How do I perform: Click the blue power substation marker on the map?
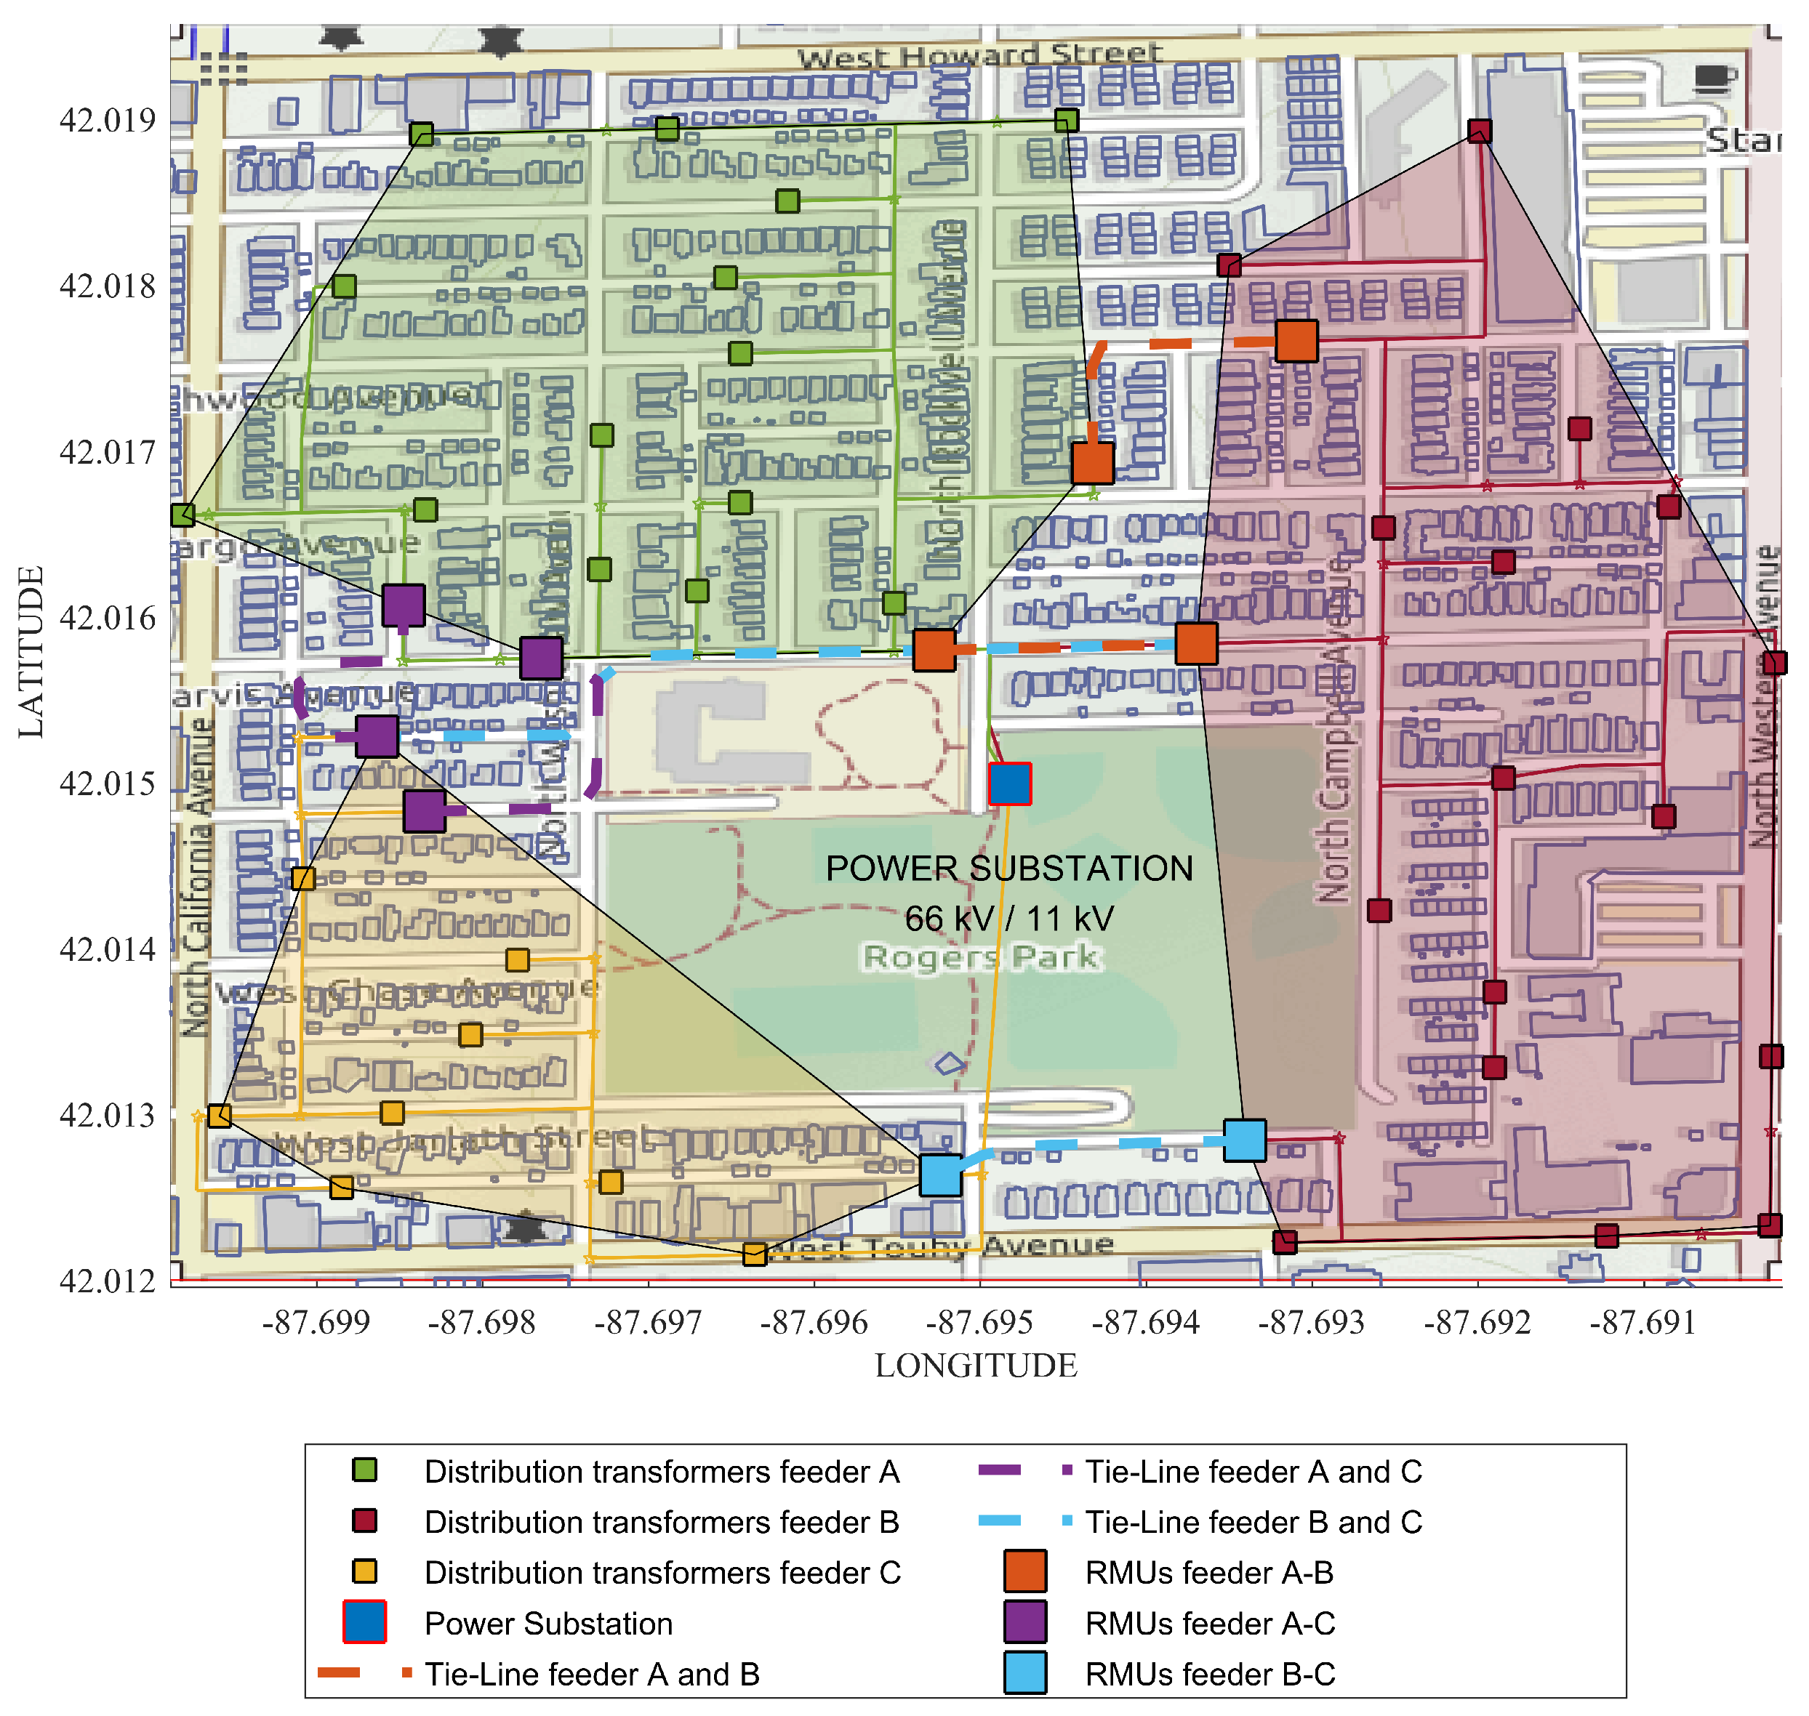(x=1009, y=784)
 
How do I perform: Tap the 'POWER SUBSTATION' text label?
(x=1008, y=868)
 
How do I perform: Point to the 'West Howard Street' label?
(x=979, y=56)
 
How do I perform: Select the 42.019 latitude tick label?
(x=107, y=121)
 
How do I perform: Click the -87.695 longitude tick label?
(x=979, y=1322)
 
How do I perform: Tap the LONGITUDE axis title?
(x=976, y=1366)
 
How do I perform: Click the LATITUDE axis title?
(x=31, y=651)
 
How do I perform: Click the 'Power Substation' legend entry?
(x=548, y=1623)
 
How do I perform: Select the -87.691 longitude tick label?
(x=1642, y=1322)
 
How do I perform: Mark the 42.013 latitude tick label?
(x=107, y=1116)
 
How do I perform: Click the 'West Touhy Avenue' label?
(x=942, y=1246)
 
